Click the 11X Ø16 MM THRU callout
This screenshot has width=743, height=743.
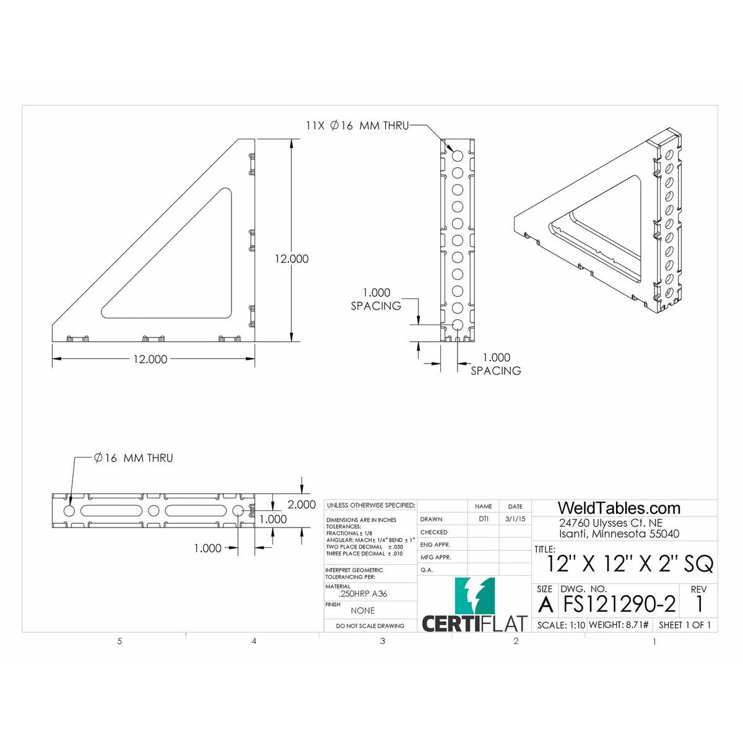coord(357,126)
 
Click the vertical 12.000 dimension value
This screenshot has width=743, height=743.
coord(292,259)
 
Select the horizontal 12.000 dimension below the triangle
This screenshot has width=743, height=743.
coord(150,359)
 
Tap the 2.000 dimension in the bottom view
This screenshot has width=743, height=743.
coord(302,505)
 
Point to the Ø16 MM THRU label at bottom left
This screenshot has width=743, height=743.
coord(133,458)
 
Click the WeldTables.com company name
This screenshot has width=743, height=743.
coord(619,508)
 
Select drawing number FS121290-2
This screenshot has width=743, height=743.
coord(618,604)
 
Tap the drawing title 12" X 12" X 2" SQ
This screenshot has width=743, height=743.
coord(630,564)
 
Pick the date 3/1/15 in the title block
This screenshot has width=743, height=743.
coord(515,519)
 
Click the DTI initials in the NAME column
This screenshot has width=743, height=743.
coord(483,519)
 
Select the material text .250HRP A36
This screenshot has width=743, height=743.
coord(363,594)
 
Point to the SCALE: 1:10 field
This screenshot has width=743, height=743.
coord(561,625)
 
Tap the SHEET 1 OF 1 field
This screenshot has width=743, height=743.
coord(685,625)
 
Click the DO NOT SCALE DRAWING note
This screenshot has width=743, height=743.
coord(370,626)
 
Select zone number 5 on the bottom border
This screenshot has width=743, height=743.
coord(119,641)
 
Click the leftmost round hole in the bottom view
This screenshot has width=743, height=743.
coord(69,511)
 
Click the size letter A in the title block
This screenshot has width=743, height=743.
coord(545,604)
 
